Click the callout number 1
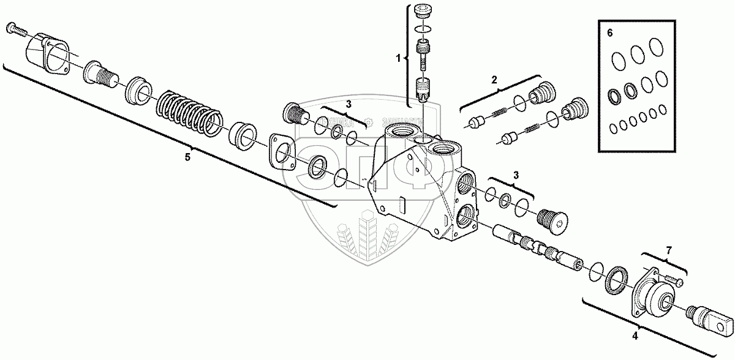tap(398, 59)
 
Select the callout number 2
tap(494, 79)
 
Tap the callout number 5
tap(188, 157)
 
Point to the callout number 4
tap(635, 335)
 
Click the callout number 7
tap(668, 249)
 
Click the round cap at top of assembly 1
tap(422, 12)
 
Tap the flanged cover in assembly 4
tap(650, 293)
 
